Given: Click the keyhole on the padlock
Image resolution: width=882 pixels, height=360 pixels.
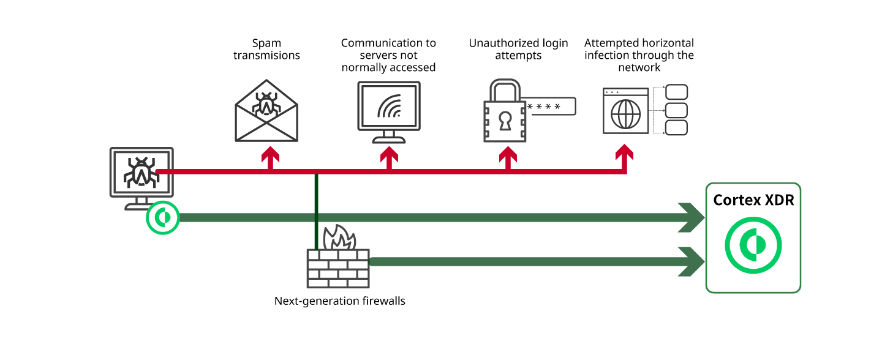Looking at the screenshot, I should pos(505,121).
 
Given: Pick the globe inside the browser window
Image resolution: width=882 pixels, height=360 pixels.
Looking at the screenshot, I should pos(625,114).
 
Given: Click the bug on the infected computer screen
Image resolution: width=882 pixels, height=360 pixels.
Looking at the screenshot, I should pos(141,172).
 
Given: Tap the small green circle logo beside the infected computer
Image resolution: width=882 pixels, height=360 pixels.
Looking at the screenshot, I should pos(163,217).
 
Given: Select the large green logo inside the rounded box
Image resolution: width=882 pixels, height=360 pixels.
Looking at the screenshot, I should pos(753,245).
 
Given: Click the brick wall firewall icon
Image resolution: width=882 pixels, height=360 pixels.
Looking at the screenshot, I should pos(338,268).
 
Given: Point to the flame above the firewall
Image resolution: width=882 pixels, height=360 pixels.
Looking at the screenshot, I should pos(339,238).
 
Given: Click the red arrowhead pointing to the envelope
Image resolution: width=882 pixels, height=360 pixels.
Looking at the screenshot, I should pos(270,154).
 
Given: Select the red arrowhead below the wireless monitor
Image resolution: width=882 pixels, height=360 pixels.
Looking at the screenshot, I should pos(389,154).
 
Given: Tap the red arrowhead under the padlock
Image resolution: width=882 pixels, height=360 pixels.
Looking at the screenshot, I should pos(508,154).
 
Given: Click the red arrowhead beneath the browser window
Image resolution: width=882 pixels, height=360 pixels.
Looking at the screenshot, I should pos(624,152).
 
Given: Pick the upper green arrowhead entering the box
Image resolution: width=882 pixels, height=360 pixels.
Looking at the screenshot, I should pos(693,217).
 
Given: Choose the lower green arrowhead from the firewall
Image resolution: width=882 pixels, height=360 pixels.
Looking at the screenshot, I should pos(693,261).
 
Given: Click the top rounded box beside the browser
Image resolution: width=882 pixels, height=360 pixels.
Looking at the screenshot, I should pos(676,92).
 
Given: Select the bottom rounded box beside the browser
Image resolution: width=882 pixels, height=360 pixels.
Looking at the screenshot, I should pos(676,127).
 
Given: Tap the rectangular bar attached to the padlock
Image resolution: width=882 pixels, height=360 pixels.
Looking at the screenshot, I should pos(551,106).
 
